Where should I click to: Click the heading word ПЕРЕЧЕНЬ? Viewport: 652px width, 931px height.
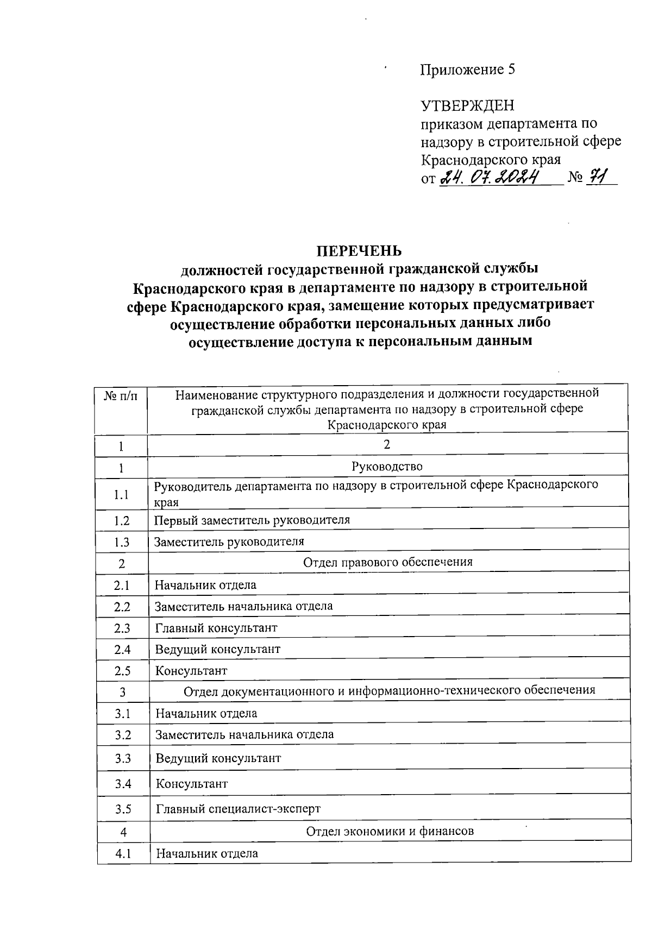[360, 251]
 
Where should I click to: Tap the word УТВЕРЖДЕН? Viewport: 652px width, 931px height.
[467, 105]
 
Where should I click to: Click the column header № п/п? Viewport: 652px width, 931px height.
[121, 396]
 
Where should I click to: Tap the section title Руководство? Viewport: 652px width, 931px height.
[387, 466]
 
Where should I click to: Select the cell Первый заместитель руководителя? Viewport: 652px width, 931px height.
[252, 520]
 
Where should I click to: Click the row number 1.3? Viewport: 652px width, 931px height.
[122, 542]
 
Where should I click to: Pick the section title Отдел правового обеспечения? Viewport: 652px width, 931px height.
[387, 562]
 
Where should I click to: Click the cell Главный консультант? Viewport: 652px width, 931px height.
[216, 628]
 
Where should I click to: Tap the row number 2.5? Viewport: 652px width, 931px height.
[122, 671]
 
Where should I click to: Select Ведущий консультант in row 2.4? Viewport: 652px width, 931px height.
[218, 649]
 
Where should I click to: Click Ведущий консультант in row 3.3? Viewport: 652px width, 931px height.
[218, 758]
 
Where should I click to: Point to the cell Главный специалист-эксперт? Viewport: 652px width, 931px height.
[239, 809]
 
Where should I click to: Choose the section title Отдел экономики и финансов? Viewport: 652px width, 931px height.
[390, 831]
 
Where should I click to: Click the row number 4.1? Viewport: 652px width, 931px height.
[123, 853]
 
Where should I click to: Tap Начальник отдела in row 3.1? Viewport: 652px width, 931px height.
[206, 713]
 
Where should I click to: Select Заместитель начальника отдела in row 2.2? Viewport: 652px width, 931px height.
[244, 606]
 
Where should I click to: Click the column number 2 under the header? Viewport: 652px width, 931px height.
[387, 444]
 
